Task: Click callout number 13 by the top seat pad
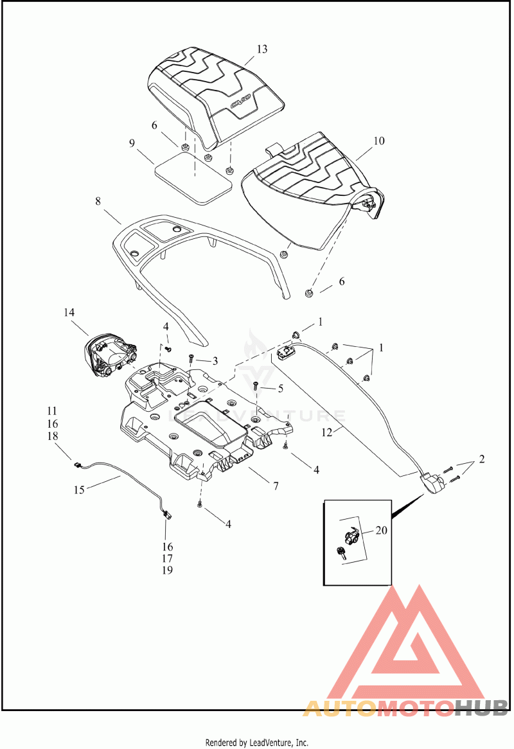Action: click(261, 49)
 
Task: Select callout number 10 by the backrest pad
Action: click(378, 141)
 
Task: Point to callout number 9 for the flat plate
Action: click(132, 143)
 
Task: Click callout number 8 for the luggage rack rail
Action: click(98, 201)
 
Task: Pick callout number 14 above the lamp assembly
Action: click(69, 312)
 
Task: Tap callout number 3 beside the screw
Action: click(215, 361)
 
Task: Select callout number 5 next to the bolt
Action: click(280, 389)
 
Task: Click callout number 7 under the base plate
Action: click(276, 486)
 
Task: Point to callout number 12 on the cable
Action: click(327, 433)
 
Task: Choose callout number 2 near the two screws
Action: click(481, 459)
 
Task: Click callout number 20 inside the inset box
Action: click(381, 530)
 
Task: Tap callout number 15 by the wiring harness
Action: click(79, 490)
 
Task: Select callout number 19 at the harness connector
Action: click(167, 570)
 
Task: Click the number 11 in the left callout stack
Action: click(52, 411)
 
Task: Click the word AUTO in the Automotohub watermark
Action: click(340, 708)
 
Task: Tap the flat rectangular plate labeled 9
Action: click(193, 177)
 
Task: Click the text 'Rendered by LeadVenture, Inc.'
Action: click(257, 743)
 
